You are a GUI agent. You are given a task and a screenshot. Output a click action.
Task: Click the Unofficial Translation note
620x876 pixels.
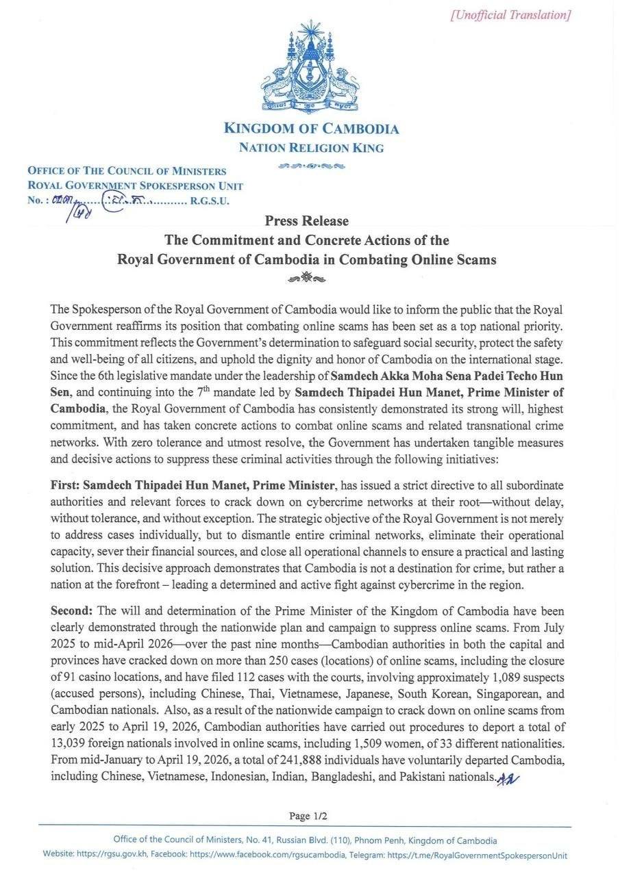[510, 15]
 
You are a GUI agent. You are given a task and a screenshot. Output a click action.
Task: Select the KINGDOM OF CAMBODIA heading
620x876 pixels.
[311, 129]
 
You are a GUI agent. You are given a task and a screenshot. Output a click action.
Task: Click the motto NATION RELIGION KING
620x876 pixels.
[311, 148]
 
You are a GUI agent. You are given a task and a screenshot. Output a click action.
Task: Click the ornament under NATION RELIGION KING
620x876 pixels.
[311, 166]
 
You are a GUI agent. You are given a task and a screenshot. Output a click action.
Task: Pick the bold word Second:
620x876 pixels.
[73, 610]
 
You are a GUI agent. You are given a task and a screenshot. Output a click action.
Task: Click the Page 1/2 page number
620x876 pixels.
[308, 816]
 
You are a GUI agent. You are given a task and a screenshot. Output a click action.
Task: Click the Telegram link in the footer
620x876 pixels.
[477, 855]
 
